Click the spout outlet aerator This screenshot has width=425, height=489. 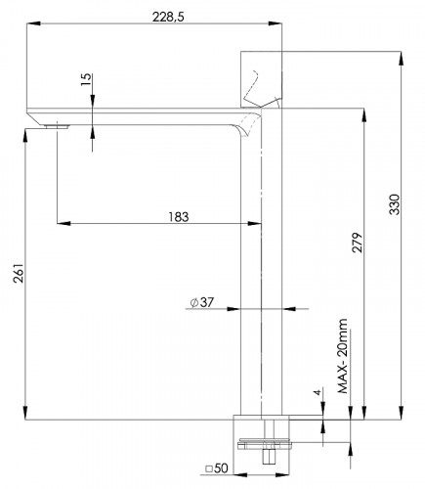click(57, 125)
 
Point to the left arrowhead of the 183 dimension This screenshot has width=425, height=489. click(62, 224)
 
